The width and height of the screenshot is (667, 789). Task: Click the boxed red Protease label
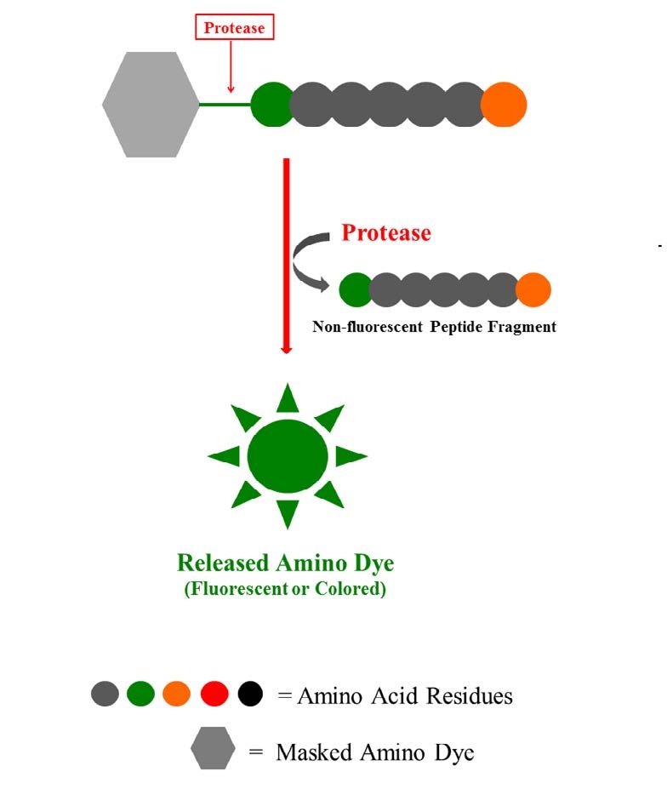pyautogui.click(x=234, y=28)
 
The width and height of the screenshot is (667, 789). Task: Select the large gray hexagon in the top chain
pyautogui.click(x=151, y=105)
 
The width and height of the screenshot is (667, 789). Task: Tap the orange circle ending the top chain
pyautogui.click(x=504, y=105)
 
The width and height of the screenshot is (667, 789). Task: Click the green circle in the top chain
pyautogui.click(x=271, y=105)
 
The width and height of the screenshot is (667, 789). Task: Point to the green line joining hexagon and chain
pyautogui.click(x=225, y=105)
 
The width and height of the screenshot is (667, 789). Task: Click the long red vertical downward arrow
pyautogui.click(x=287, y=255)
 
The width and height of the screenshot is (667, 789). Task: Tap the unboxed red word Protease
pyautogui.click(x=385, y=233)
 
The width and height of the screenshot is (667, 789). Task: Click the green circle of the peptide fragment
pyautogui.click(x=355, y=289)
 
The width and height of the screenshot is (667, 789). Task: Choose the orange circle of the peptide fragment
pyautogui.click(x=533, y=289)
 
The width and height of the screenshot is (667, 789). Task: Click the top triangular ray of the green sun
pyautogui.click(x=288, y=398)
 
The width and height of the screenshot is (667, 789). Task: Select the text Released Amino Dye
pyautogui.click(x=286, y=563)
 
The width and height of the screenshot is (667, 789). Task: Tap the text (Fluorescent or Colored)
pyautogui.click(x=285, y=589)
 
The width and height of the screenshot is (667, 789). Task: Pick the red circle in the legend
pyautogui.click(x=214, y=695)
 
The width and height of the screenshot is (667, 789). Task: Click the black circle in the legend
pyautogui.click(x=251, y=695)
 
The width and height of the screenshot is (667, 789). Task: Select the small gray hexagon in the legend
pyautogui.click(x=213, y=748)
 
